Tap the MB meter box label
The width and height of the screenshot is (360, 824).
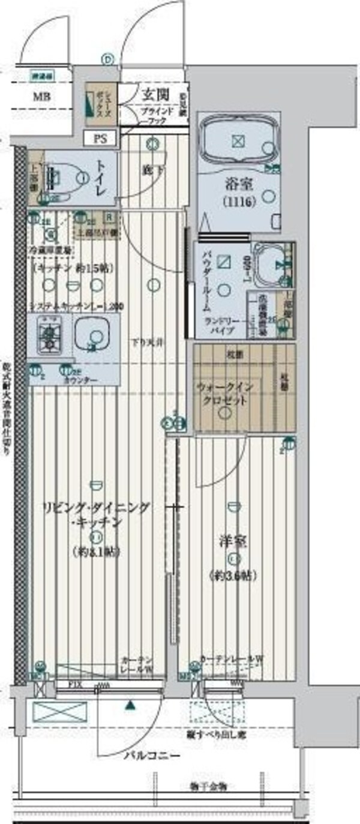pos(41,97)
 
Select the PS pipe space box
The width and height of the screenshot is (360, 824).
pos(100,138)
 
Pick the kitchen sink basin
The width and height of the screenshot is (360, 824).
pos(92,337)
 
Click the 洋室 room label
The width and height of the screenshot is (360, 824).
pos(233,543)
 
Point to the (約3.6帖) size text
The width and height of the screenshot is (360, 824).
pos(233,576)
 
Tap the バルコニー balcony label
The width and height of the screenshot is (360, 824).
pos(152,756)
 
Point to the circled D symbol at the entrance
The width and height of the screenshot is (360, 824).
pos(107,59)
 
